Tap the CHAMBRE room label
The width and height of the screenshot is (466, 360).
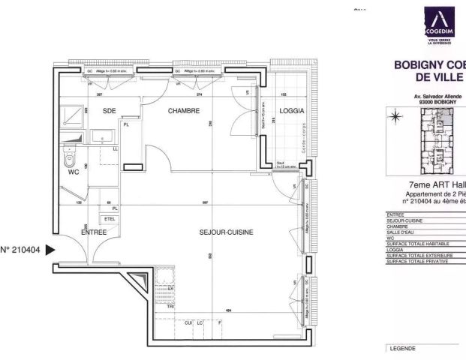pos(183,111)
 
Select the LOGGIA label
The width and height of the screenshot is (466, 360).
pos(291,111)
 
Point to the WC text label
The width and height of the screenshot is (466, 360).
pos(74,172)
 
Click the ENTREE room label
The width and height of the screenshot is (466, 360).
pos(94,232)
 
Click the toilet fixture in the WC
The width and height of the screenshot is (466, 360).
pos(71,157)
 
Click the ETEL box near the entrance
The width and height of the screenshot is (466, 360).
pos(110,219)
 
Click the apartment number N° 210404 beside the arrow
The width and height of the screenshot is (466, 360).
pos(21,250)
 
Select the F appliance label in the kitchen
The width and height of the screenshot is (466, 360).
pos(219,322)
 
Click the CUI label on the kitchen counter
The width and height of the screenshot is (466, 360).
pos(188,322)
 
